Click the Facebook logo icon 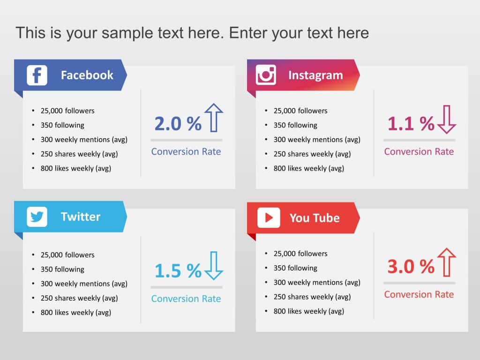tap(37, 75)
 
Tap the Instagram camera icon tap(266, 75)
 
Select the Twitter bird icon tap(37, 217)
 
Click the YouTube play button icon tap(269, 217)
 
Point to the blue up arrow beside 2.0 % tap(214, 118)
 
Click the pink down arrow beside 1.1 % tap(446, 120)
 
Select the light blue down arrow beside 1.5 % tap(214, 266)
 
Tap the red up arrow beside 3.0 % tap(446, 262)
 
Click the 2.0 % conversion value tap(178, 124)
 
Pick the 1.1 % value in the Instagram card tap(411, 124)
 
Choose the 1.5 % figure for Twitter tap(178, 270)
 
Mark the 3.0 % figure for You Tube tap(411, 267)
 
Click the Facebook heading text tap(87, 75)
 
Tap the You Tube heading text tap(315, 217)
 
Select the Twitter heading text tap(81, 217)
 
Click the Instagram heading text tap(315, 75)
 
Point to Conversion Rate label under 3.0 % tap(419, 294)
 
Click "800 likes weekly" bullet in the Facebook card tap(75, 168)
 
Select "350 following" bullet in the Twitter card tap(62, 269)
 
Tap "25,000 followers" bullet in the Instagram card tap(300, 111)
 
